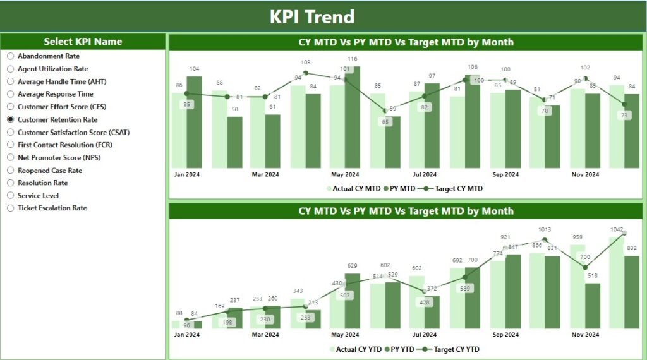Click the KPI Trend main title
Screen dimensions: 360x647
[x=312, y=17]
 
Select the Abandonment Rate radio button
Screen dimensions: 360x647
[x=10, y=56]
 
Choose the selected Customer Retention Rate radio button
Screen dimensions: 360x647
[x=10, y=119]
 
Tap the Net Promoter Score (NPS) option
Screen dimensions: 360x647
[x=49, y=157]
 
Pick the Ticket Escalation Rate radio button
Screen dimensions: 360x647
[x=10, y=208]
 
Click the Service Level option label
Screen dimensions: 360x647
[x=38, y=196]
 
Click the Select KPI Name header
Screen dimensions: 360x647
[x=83, y=42]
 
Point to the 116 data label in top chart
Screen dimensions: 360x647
[x=352, y=59]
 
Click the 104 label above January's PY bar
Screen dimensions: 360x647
[x=195, y=69]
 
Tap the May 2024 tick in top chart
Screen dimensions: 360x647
[x=345, y=174]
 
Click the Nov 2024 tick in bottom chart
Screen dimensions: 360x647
[x=586, y=335]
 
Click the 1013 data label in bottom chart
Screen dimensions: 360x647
[x=544, y=230]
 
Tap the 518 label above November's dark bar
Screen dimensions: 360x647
[x=591, y=276]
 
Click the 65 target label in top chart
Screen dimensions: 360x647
[x=385, y=121]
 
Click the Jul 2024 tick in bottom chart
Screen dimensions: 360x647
[x=425, y=335]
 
